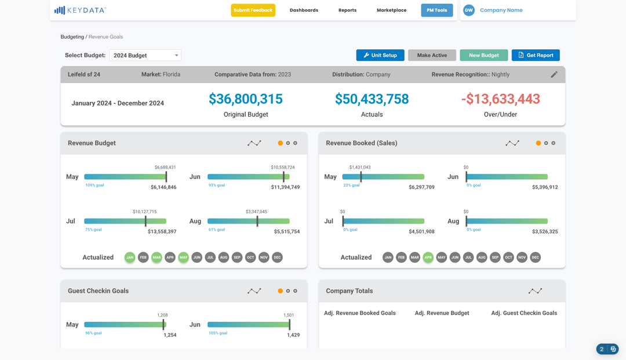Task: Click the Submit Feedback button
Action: pyautogui.click(x=253, y=10)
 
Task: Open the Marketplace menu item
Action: pyautogui.click(x=391, y=10)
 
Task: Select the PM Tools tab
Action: pyautogui.click(x=436, y=10)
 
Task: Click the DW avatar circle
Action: pyautogui.click(x=468, y=10)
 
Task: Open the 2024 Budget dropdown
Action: pyautogui.click(x=145, y=55)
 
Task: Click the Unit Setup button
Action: pyautogui.click(x=380, y=55)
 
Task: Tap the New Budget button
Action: pyautogui.click(x=483, y=55)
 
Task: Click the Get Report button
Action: pyautogui.click(x=536, y=55)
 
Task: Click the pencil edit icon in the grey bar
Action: pyautogui.click(x=554, y=74)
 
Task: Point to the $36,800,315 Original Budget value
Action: pyautogui.click(x=246, y=99)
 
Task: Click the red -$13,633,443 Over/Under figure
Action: pyautogui.click(x=500, y=99)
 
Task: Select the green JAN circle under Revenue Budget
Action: pyautogui.click(x=130, y=257)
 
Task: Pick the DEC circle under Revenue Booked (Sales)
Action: pyautogui.click(x=535, y=257)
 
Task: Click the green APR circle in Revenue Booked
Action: pyautogui.click(x=428, y=257)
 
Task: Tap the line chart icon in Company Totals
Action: pyautogui.click(x=535, y=291)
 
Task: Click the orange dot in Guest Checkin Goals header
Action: pyautogui.click(x=281, y=291)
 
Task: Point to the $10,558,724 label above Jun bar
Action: pyautogui.click(x=283, y=168)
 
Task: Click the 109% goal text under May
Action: pyautogui.click(x=94, y=186)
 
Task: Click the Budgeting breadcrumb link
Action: pyautogui.click(x=72, y=37)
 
